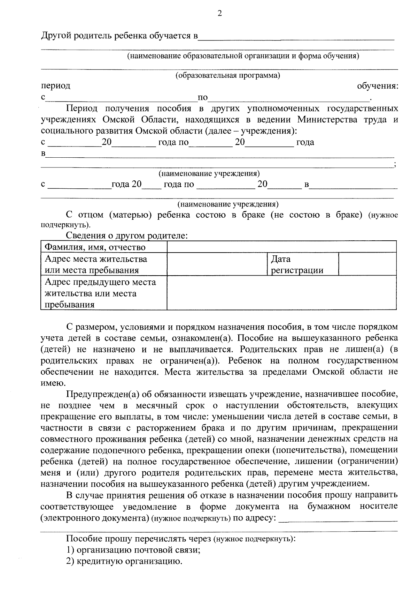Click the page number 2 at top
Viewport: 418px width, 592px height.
pos(219,13)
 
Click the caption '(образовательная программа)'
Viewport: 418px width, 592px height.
pos(228,76)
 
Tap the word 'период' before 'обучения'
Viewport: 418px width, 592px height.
pos(55,85)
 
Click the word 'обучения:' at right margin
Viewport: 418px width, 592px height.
pos(378,86)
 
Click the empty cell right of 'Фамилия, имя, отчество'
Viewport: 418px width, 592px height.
pos(281,247)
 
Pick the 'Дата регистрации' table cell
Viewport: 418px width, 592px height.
pos(302,264)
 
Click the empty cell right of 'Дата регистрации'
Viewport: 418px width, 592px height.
pos(367,264)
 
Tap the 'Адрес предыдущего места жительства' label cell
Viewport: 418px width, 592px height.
pos(103,293)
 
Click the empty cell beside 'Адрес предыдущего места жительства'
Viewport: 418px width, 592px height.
pos(281,293)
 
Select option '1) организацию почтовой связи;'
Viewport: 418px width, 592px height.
pos(133,550)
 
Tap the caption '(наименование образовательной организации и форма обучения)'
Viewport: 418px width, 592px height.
pos(243,56)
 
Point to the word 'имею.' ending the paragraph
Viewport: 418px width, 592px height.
pos(52,383)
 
